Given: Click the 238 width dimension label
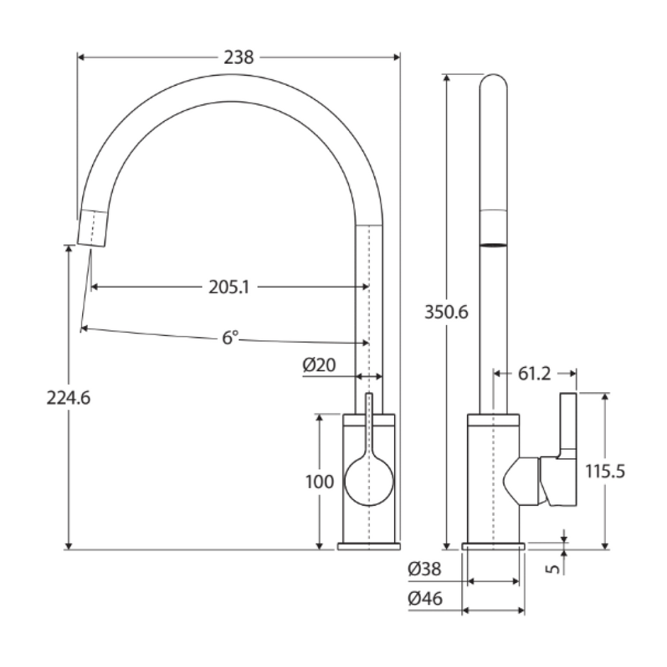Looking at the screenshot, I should click(x=238, y=57).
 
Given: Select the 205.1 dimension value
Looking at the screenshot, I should click(x=229, y=287).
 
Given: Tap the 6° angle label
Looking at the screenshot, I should click(x=230, y=337).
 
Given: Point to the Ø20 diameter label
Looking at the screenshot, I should click(x=319, y=365).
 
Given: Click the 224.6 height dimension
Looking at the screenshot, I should click(x=68, y=397).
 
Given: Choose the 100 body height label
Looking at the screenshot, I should click(x=319, y=482).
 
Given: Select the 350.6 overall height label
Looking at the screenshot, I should click(x=446, y=312).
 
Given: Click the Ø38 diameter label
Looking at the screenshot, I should click(x=425, y=569).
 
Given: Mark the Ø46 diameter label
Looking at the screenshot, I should click(x=425, y=598).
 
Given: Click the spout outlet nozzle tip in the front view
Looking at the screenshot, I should click(x=93, y=228).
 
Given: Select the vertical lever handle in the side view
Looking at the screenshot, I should click(x=569, y=423).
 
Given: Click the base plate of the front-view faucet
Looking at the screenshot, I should click(x=369, y=546).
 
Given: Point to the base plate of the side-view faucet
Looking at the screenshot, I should click(x=493, y=546).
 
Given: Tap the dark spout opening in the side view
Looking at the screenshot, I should click(x=493, y=245).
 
